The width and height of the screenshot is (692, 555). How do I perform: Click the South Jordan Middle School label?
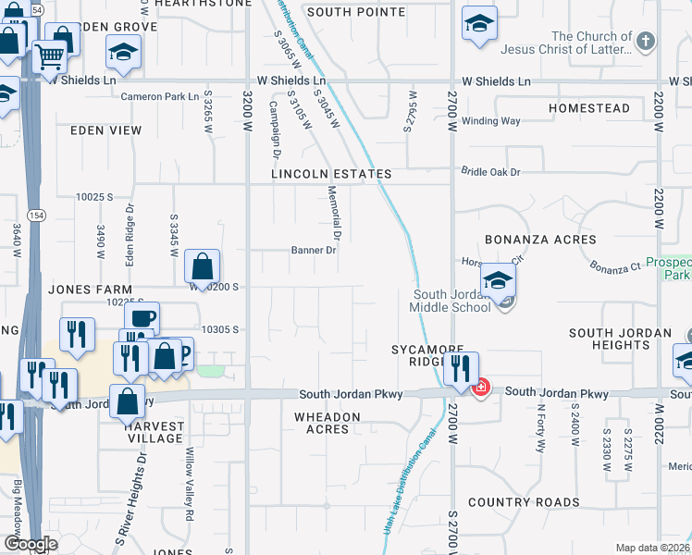451,301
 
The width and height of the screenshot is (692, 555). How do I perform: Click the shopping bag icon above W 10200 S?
202,267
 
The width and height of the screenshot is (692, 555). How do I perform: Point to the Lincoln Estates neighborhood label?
331,174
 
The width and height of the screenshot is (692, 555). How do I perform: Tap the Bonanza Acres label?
525,240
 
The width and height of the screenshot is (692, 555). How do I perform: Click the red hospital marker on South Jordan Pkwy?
480,388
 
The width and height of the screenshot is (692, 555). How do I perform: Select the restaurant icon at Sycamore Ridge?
460,369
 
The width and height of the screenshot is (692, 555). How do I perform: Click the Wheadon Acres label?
327,423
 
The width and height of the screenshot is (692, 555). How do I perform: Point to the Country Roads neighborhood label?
524,502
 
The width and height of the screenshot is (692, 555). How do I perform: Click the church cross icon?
646,41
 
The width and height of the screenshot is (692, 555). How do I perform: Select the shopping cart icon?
50,56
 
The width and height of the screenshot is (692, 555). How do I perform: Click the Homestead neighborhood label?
588,108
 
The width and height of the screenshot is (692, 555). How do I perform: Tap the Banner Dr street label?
313,250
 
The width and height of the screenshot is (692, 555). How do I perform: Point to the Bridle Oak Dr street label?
491,172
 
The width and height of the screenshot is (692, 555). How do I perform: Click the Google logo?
31,544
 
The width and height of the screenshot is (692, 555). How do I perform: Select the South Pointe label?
356,12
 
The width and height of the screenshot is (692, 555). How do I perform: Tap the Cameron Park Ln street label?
160,96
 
